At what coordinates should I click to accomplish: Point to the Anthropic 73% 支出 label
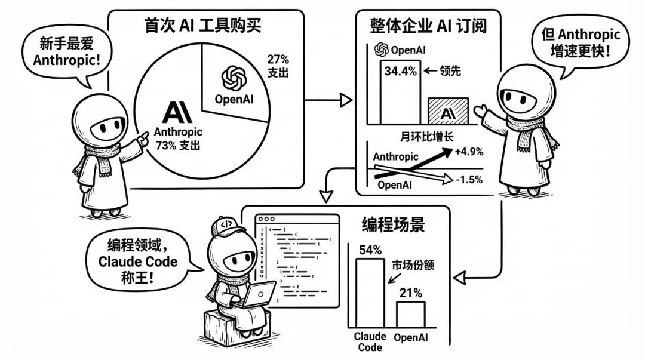[178, 137]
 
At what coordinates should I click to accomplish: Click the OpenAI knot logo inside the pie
[234, 76]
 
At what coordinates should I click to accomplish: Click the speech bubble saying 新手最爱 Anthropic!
[59, 52]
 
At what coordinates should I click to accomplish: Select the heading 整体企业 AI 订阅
[428, 27]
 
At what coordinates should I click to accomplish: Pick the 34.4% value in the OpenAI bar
[400, 72]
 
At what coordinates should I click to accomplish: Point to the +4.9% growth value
[468, 152]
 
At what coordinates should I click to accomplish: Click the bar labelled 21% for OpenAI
[411, 314]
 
